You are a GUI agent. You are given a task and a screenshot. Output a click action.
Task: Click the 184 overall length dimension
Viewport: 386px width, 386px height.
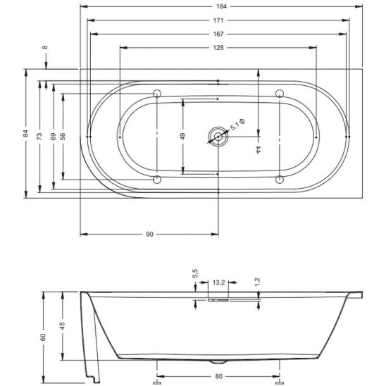(221, 6)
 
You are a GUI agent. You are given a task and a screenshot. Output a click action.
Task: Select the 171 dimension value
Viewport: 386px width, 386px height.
(218, 20)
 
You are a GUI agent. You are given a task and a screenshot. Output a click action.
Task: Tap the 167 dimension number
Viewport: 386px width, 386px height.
(218, 34)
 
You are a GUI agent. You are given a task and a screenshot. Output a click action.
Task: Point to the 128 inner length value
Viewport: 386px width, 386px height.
(218, 47)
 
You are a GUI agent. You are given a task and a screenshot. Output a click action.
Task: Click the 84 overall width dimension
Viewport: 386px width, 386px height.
(26, 133)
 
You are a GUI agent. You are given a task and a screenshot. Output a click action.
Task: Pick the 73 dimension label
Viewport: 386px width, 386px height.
(39, 136)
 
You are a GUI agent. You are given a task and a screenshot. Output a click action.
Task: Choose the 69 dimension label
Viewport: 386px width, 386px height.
(53, 136)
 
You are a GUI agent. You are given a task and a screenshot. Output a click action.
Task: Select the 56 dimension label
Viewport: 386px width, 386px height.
(63, 136)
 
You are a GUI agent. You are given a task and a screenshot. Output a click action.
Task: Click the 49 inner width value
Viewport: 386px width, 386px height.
(182, 136)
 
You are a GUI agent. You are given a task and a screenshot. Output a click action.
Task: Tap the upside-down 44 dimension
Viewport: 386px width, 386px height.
(258, 149)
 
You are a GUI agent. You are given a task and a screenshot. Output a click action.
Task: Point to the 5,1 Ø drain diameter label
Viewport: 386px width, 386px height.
(237, 124)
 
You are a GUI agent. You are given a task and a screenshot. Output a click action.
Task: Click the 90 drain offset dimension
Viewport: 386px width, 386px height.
(149, 235)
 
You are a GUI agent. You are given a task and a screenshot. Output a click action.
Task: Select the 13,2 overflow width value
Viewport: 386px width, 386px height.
(218, 282)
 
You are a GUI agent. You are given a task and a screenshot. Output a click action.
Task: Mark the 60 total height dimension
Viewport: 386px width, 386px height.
(43, 337)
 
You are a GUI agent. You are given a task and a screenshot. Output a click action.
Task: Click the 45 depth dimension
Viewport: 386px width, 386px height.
(63, 325)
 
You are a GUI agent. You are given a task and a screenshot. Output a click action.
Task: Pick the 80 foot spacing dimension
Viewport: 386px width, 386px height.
(218, 376)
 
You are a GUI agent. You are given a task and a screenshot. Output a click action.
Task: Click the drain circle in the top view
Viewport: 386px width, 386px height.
(218, 137)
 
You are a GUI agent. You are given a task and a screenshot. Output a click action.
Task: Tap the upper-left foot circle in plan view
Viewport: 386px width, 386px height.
(157, 94)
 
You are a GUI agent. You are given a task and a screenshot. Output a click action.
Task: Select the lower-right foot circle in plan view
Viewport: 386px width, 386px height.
(280, 180)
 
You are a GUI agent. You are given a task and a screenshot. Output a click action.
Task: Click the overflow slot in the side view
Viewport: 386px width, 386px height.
(218, 300)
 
